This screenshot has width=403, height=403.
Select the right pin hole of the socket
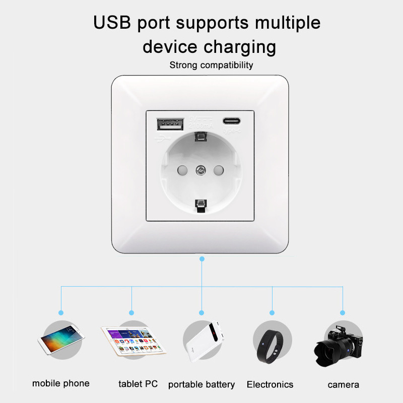point(219,170)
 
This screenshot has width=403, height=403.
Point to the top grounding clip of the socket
point(201,136)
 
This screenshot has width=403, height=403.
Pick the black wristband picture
point(272,343)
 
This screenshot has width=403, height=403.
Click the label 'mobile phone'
point(61,383)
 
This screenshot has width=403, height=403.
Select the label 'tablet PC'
point(138,384)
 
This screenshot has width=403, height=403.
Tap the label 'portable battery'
point(201,384)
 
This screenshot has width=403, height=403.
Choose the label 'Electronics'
point(270,384)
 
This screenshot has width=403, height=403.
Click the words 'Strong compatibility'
point(211,65)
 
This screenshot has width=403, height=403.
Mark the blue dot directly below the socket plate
point(202,259)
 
